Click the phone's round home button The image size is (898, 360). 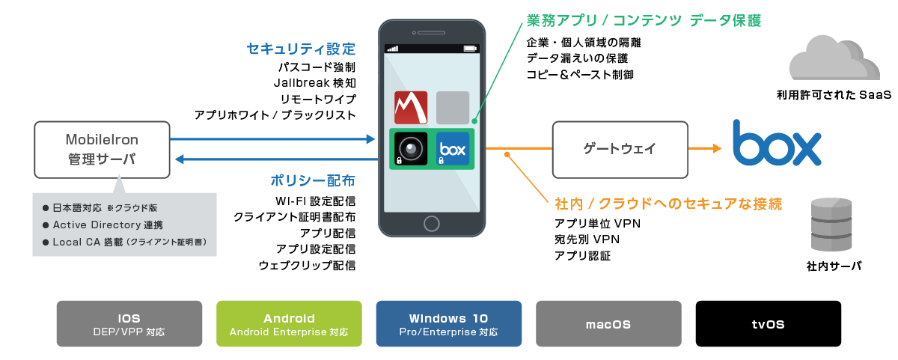click(x=431, y=223)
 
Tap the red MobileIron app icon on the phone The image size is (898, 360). click(x=410, y=108)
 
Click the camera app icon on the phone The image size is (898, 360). click(x=410, y=148)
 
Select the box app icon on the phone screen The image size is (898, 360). click(x=453, y=148)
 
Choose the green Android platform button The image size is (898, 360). click(x=289, y=323)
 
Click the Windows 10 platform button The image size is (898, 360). click(x=448, y=323)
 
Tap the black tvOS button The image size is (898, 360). click(x=768, y=323)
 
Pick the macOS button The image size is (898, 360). click(x=608, y=323)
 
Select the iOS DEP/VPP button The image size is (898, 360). click(x=129, y=323)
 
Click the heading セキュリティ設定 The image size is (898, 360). click(x=301, y=49)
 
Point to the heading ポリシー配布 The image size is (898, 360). click(x=313, y=181)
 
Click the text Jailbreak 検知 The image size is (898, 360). click(x=314, y=82)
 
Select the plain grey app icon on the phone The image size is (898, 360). click(x=453, y=108)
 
